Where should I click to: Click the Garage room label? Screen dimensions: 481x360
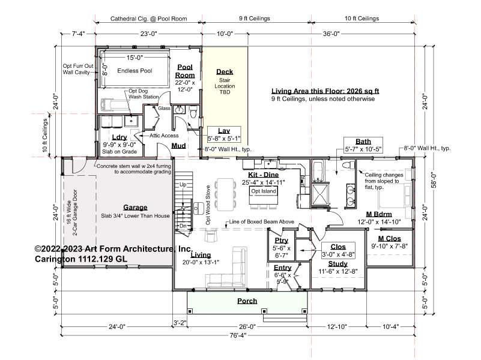(135, 208)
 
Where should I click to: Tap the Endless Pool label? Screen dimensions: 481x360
(135, 71)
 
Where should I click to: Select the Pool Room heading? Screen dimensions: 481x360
(185, 71)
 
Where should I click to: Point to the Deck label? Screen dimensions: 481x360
(225, 71)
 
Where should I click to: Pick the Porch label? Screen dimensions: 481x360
(247, 301)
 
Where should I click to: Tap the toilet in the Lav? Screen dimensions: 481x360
(193, 112)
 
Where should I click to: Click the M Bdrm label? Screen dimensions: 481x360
(379, 214)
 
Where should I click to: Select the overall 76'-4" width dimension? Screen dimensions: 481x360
(238, 335)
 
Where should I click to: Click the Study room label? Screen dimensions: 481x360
(338, 264)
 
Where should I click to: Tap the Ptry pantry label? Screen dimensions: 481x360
(281, 241)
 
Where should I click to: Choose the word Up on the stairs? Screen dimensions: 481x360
(183, 185)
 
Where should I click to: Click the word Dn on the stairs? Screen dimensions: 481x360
(183, 226)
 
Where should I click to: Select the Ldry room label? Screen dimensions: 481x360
(119, 137)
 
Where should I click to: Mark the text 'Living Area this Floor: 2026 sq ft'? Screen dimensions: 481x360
(325, 91)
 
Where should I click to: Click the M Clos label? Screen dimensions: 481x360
(389, 239)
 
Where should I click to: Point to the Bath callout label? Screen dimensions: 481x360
(363, 142)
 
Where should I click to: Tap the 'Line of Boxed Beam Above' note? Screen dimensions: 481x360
(262, 221)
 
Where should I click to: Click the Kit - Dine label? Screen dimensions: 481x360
(264, 175)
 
